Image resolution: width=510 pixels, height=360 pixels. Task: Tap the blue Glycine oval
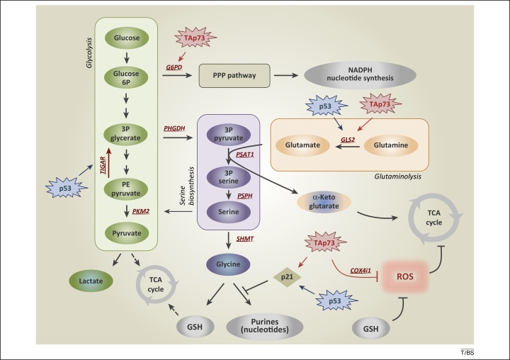(x=229, y=265)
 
